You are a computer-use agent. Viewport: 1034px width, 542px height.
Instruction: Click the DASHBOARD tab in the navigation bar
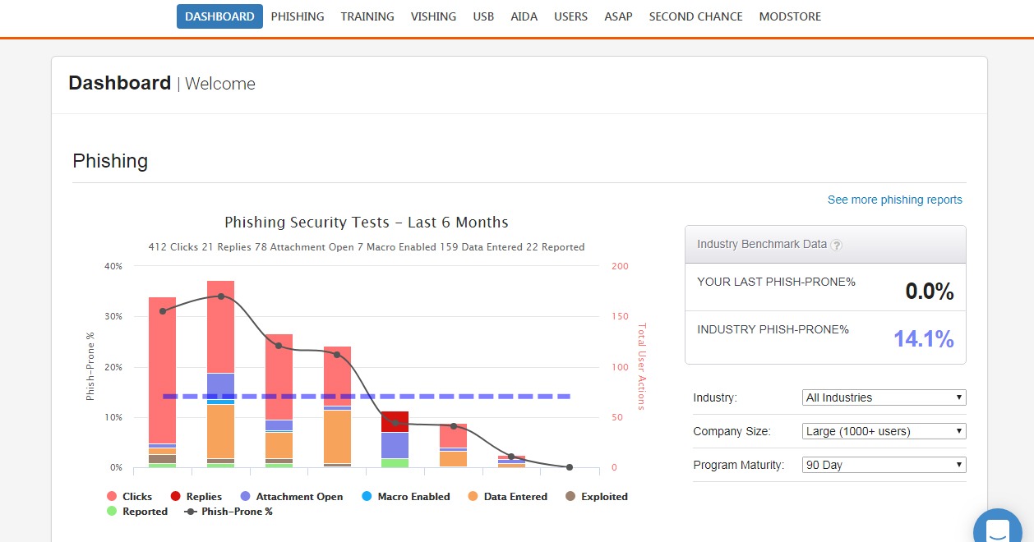(219, 16)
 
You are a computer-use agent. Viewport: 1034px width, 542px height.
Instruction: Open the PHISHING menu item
(298, 16)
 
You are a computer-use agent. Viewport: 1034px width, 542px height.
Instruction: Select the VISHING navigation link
(433, 16)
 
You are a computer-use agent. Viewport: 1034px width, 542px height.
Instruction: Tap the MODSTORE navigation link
(790, 16)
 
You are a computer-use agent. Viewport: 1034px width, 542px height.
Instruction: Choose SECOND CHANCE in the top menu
(695, 16)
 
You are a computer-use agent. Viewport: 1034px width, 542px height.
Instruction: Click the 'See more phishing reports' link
(894, 200)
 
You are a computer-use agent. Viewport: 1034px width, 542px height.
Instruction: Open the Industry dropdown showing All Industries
(884, 397)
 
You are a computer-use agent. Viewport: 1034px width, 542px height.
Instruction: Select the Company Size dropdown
(884, 431)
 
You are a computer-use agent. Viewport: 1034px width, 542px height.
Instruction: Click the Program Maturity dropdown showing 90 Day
(884, 465)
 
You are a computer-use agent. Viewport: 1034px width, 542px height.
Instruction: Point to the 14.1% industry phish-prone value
(924, 338)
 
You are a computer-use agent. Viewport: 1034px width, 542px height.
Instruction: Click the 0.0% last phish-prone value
(929, 291)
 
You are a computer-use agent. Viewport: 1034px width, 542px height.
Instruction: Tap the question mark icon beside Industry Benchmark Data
(836, 245)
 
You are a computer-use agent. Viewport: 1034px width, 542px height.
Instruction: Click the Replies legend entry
(196, 496)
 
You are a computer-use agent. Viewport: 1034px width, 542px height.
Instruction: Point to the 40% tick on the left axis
(113, 266)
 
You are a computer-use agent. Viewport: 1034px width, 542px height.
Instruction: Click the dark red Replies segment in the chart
(395, 421)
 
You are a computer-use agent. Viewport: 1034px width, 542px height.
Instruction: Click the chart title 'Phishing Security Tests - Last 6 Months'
(367, 223)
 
